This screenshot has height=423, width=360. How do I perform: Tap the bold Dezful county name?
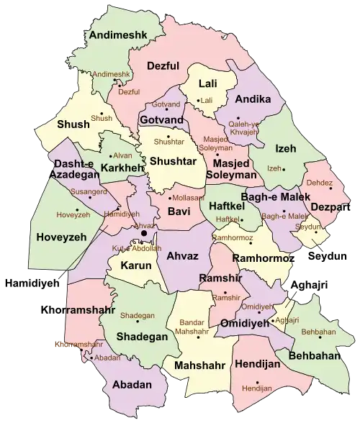point(163,66)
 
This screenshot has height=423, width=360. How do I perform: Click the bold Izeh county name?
point(286,148)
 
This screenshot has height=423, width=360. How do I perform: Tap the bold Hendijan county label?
point(258,365)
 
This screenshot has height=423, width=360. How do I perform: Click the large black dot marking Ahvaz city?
point(144,233)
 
